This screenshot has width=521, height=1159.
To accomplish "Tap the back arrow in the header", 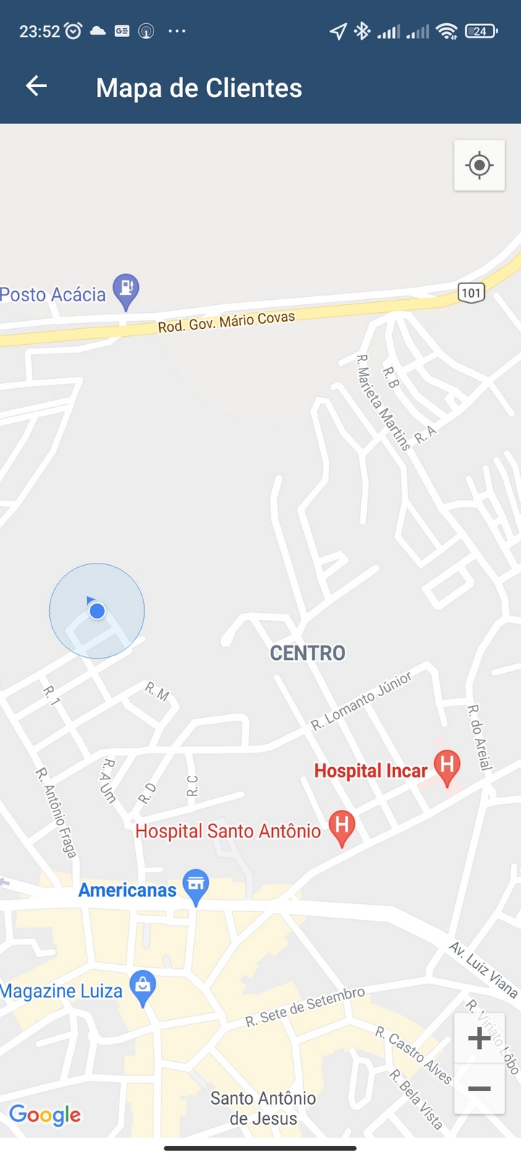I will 36,86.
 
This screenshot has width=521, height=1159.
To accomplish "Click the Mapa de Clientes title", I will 199,88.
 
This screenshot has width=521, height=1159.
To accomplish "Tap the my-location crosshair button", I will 479,166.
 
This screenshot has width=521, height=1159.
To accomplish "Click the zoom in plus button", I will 479,1038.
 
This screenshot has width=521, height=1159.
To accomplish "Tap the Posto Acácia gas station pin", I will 126,290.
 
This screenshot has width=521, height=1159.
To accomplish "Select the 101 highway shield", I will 471,293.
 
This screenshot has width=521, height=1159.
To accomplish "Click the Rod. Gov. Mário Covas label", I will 226,322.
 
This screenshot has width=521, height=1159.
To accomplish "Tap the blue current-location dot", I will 97,611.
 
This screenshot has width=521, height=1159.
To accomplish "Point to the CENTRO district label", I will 308,653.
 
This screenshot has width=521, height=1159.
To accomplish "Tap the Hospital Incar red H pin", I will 447,766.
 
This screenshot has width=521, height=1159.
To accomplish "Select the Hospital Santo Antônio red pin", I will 342,827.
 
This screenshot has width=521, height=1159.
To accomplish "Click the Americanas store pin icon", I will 195,885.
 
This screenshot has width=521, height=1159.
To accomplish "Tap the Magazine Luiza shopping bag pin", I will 143,987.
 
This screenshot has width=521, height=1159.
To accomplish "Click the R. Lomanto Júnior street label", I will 361,700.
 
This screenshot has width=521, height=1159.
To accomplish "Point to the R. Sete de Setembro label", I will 305,1007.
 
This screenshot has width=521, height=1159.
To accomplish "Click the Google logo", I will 45,1115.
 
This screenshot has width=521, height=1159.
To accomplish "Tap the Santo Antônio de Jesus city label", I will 263,1108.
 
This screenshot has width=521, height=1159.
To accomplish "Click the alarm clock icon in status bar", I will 73,30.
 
